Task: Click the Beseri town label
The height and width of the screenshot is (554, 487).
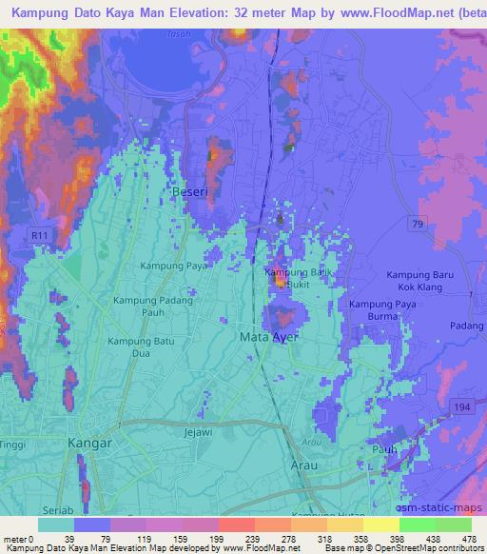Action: (188, 193)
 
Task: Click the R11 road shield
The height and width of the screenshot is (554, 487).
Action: (38, 235)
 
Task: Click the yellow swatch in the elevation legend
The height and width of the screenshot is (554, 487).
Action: (381, 524)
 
